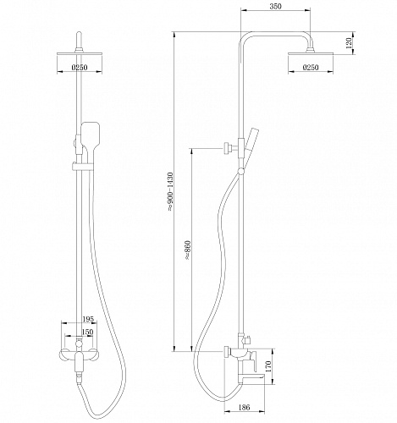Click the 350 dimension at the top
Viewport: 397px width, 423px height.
pyautogui.click(x=275, y=6)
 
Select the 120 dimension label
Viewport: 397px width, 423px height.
pyautogui.click(x=349, y=42)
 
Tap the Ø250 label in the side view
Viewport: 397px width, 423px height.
pyautogui.click(x=311, y=68)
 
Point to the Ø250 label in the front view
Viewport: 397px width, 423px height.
pyautogui.click(x=80, y=68)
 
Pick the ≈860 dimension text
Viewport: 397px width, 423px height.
pyautogui.click(x=188, y=250)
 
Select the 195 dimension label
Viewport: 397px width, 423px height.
pyautogui.click(x=88, y=319)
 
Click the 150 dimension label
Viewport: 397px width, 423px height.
pyautogui.click(x=87, y=332)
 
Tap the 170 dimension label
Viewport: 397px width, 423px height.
pyautogui.click(x=268, y=366)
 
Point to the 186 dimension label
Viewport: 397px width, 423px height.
pyautogui.click(x=244, y=407)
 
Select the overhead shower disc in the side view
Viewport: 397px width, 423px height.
pyautogui.click(x=311, y=53)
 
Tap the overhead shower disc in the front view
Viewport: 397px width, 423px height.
pyautogui.click(x=80, y=53)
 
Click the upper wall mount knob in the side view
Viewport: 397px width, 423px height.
pyautogui.click(x=227, y=149)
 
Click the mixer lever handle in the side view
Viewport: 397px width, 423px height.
pyautogui.click(x=253, y=361)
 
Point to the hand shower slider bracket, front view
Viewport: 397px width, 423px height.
pyautogui.click(x=82, y=167)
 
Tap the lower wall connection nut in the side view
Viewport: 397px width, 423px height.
pyautogui.click(x=228, y=351)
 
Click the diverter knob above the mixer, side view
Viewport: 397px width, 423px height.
pyautogui.click(x=247, y=340)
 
